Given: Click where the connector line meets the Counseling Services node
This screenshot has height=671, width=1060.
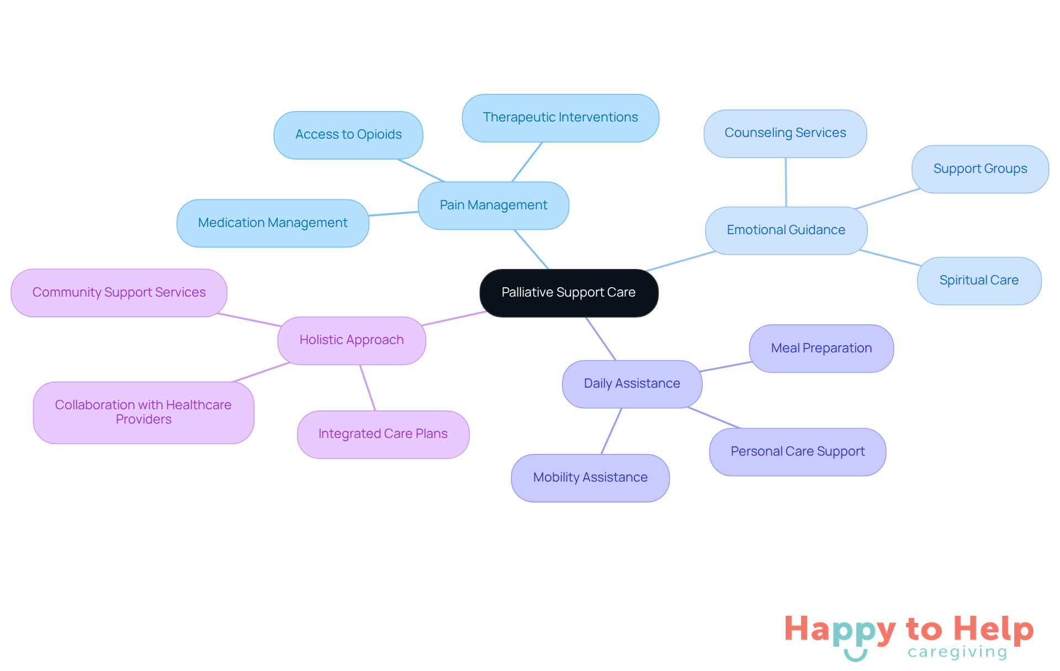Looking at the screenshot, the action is click(786, 158).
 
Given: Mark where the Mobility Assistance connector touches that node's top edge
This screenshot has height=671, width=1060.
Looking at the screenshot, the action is click(601, 455).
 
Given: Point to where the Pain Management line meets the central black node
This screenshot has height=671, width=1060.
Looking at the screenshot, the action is click(549, 270).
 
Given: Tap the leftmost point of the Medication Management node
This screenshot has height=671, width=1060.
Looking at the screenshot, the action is click(177, 223).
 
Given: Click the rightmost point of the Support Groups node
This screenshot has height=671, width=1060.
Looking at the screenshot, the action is click(1048, 169).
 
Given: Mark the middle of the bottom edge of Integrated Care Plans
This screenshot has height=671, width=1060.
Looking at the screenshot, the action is click(383, 458).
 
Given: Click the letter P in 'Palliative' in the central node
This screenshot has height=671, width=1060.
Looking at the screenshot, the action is click(505, 292).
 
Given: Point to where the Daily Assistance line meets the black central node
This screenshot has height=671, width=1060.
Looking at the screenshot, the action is click(586, 317).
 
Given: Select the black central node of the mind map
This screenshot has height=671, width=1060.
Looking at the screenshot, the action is click(569, 293).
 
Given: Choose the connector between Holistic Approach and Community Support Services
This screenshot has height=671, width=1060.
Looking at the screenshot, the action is click(249, 320).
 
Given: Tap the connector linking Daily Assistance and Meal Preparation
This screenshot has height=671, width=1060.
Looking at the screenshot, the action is click(725, 367).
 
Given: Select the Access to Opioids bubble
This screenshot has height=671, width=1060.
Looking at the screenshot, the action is click(348, 135).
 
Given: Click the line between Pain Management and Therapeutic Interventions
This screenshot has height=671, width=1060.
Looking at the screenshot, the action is click(527, 162).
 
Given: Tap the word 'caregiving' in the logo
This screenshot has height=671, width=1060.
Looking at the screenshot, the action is click(957, 652).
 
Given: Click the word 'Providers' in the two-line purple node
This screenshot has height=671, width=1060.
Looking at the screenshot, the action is click(144, 420).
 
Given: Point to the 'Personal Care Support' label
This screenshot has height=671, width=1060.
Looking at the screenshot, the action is click(798, 452).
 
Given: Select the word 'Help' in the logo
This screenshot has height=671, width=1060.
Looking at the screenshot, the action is click(994, 630).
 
